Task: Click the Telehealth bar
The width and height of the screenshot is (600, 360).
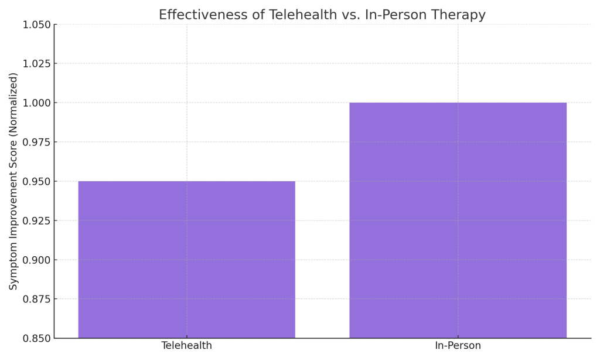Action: (x=186, y=259)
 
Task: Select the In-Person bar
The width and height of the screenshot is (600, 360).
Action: (x=458, y=220)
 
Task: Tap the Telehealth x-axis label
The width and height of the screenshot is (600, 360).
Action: (x=186, y=346)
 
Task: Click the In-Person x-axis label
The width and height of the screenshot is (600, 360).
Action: (x=458, y=346)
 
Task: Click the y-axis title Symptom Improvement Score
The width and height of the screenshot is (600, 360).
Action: (x=13, y=181)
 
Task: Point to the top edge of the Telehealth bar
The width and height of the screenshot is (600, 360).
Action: (x=186, y=181)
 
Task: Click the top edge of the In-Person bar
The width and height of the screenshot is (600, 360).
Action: (x=458, y=103)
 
